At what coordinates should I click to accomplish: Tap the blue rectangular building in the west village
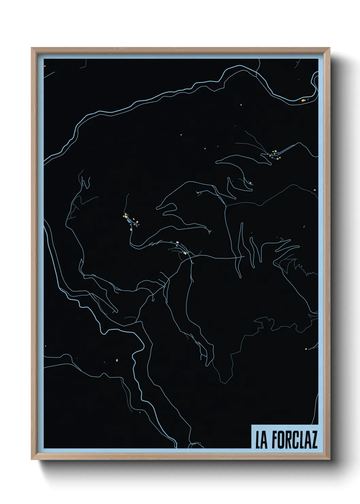(129, 221)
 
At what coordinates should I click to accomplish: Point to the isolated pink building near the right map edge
(315, 190)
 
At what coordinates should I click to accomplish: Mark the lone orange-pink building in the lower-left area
(116, 359)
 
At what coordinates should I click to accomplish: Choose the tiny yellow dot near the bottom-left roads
(139, 413)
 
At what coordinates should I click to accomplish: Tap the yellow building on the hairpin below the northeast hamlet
(250, 183)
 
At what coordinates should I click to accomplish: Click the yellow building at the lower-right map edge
(306, 349)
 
